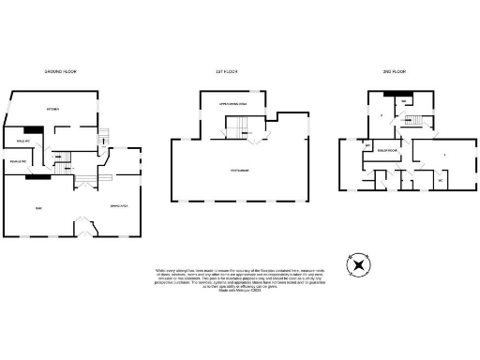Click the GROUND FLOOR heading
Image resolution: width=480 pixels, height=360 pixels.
[63, 71]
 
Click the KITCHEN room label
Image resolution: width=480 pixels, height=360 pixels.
[53, 111]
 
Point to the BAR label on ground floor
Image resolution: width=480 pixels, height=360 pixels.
[38, 207]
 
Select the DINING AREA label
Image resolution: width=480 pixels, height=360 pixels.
[118, 205]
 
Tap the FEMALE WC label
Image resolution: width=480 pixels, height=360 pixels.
[19, 162]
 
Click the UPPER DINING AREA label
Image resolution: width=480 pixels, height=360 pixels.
[232, 103]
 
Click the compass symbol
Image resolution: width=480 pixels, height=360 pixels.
[357, 264]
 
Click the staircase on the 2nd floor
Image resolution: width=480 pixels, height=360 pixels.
[409, 120]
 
